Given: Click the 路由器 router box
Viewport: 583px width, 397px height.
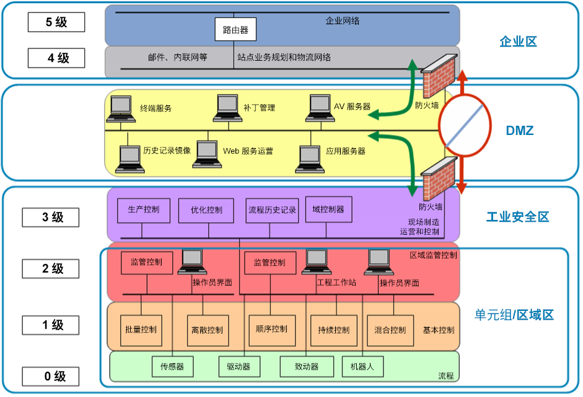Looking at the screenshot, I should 235,29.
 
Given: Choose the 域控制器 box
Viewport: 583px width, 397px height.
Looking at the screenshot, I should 328,210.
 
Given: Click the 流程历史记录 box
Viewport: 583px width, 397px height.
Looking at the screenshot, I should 272,210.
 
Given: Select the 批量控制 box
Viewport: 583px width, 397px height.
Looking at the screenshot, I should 141,330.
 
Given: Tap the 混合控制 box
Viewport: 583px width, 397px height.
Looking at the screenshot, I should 390,330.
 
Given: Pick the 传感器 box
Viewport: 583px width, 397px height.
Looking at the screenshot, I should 172,367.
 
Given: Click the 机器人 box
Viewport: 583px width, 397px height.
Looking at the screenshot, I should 362,367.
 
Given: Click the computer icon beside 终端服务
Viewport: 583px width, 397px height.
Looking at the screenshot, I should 121,109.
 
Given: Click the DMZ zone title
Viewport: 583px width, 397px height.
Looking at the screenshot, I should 519,131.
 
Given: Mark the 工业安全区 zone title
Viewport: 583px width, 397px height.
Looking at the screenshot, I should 517,217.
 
